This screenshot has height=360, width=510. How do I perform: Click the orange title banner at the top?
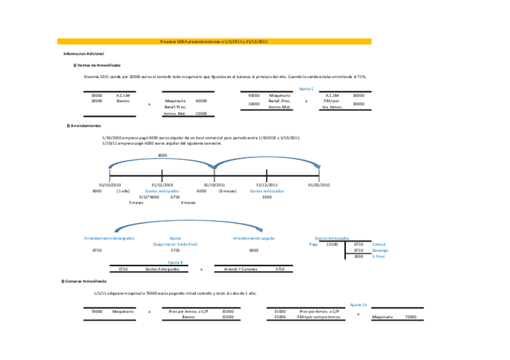pyautogui.click(x=214, y=41)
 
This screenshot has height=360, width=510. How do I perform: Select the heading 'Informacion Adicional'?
pyautogui.click(x=84, y=54)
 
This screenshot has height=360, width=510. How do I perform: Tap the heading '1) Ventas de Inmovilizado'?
pyautogui.click(x=97, y=65)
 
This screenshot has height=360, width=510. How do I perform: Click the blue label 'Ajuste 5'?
pyautogui.click(x=306, y=88)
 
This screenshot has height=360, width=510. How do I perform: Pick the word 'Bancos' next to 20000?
pyautogui.click(x=123, y=101)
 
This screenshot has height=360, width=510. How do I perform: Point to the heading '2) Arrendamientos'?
pyautogui.click(x=84, y=126)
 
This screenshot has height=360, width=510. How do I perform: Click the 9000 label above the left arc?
pyautogui.click(x=162, y=155)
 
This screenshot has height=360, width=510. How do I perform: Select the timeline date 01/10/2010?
pyautogui.click(x=110, y=185)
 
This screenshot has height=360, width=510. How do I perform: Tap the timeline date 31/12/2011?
pyautogui.click(x=266, y=185)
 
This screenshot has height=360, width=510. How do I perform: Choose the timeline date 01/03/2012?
pyautogui.click(x=319, y=185)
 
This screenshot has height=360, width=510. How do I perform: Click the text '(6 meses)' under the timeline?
pyautogui.click(x=227, y=191)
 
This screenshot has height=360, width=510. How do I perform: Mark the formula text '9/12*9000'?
pyautogui.click(x=149, y=197)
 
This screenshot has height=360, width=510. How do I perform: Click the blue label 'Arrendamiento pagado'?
pyautogui.click(x=254, y=238)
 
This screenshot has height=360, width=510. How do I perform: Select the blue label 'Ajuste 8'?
pyautogui.click(x=175, y=263)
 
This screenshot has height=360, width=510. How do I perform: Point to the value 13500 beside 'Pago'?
pyautogui.click(x=331, y=244)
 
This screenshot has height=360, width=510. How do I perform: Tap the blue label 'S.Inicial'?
pyautogui.click(x=378, y=244)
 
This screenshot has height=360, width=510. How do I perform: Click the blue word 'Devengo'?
pyautogui.click(x=379, y=250)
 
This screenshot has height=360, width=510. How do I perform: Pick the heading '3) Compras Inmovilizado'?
pyautogui.click(x=84, y=281)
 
